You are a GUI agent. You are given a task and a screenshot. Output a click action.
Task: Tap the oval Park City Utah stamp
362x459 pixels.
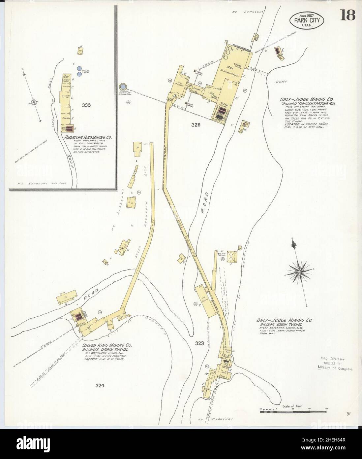click(x=307, y=20)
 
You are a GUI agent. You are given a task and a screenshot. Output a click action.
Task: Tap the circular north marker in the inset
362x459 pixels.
click(x=34, y=102)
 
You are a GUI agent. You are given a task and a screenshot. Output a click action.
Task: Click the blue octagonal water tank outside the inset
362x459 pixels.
click(x=123, y=87)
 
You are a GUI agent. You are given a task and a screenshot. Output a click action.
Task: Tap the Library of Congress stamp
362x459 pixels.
click(x=335, y=363)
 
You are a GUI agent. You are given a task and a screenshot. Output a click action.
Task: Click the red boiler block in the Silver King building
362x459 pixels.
click(x=78, y=317)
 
